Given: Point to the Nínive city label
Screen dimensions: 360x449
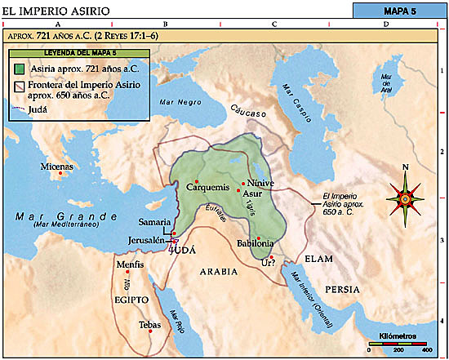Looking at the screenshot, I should (x=259, y=183).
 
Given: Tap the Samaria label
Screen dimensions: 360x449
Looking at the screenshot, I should (x=155, y=222).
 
